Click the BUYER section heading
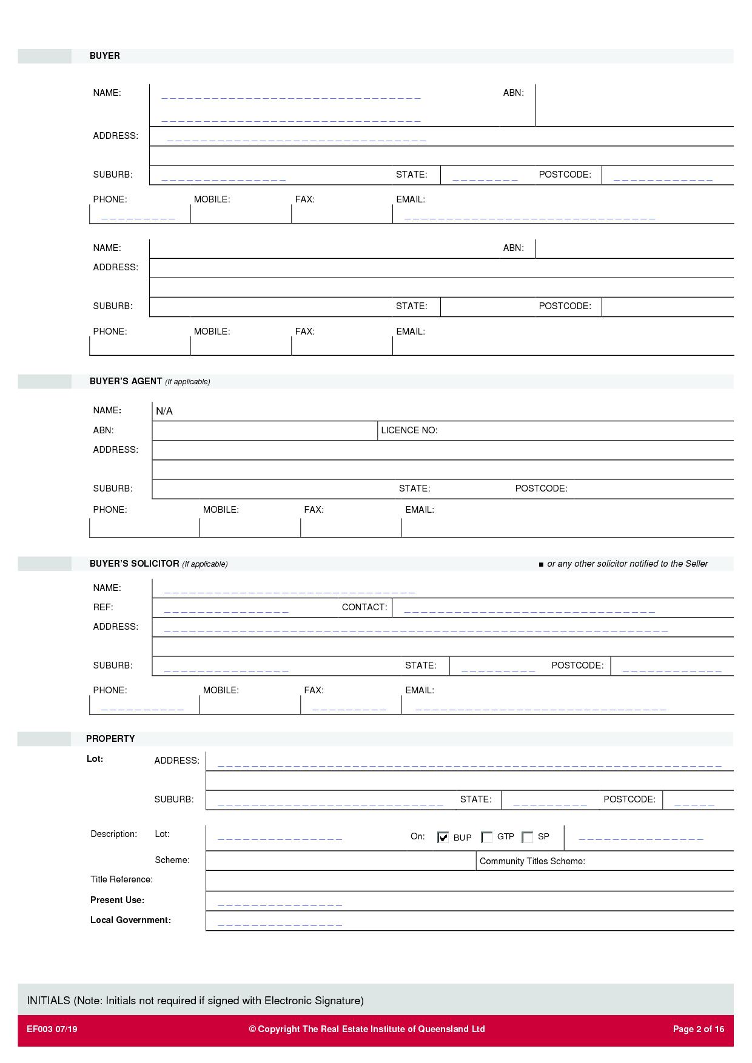pos(104,56)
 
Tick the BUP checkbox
pos(443,837)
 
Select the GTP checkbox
pos(486,837)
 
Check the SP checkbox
pos(528,837)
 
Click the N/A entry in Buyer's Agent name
pos(164,412)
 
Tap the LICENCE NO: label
pos(409,430)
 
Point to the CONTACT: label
pos(364,607)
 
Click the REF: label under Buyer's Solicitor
pos(103,607)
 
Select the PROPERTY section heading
pos(110,739)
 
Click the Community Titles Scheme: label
pos(532,861)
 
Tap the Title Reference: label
pos(121,879)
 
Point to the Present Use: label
pos(117,900)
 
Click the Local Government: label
pos(130,920)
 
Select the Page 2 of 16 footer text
pos(699,1029)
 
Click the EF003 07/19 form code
pos(52,1029)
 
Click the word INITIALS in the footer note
pos(49,1001)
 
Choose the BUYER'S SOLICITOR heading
pos(134,564)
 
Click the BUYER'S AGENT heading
pos(126,381)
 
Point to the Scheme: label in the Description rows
pos(172,860)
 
